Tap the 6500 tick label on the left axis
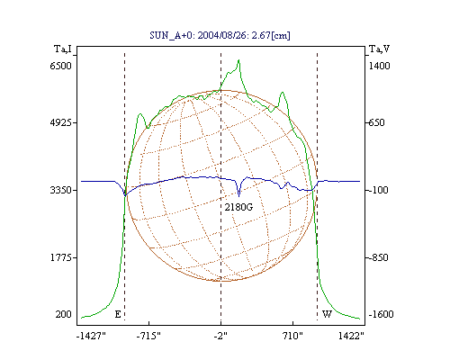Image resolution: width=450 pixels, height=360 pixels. coord(61,66)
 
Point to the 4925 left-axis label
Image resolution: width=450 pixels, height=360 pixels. coord(61,122)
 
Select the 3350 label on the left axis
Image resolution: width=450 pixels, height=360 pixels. coord(61,190)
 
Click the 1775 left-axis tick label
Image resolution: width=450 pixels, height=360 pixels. coord(61,257)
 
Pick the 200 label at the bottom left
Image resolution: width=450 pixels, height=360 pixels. coord(63,314)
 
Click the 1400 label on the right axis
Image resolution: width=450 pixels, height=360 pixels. coord(379,66)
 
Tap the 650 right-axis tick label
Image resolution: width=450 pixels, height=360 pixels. coord(376,122)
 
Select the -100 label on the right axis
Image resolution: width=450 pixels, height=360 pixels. coord(378,190)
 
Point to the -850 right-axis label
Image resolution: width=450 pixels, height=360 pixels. coord(378,257)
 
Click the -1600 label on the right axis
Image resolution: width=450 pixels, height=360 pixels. coord(381,314)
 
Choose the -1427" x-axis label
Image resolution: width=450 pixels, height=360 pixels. coord(91,336)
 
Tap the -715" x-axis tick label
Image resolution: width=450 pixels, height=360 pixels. coord(148,336)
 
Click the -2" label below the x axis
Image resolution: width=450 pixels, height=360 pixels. coord(220,336)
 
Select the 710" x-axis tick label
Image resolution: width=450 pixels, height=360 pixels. coord(292,336)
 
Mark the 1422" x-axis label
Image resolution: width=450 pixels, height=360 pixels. coord(351,336)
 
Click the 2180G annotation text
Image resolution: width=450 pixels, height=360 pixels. coord(238,207)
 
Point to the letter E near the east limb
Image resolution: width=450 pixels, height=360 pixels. coord(118,314)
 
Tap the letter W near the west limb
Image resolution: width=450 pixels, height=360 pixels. coord(327,314)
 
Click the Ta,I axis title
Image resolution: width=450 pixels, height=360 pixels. coord(63,49)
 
